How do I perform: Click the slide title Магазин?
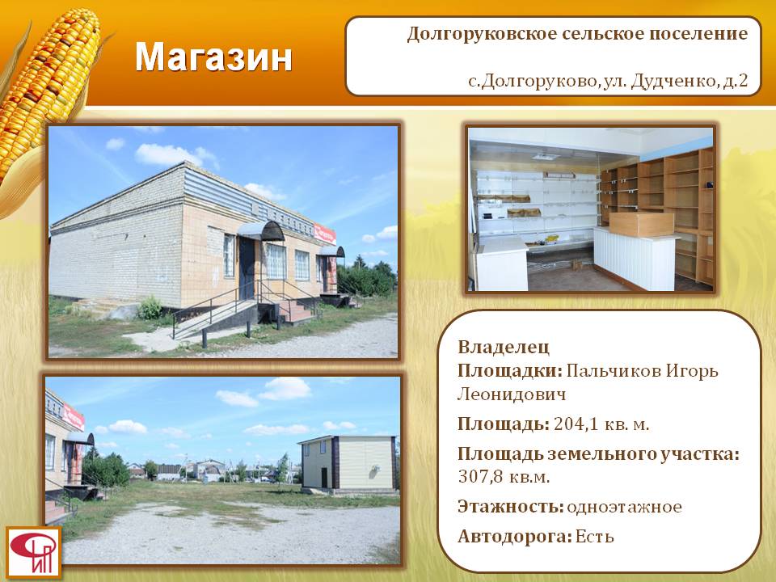click(x=213, y=57)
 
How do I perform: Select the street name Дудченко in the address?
click(x=673, y=80)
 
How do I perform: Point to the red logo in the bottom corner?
click(x=34, y=552)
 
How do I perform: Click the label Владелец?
click(x=504, y=347)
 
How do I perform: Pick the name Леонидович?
click(x=511, y=394)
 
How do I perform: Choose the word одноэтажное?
click(x=624, y=507)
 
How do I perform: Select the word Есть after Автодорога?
click(x=594, y=537)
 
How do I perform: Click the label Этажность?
click(x=511, y=507)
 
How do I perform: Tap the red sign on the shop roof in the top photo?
click(x=325, y=234)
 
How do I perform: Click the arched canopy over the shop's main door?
click(x=261, y=230)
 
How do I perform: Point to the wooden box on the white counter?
click(x=641, y=224)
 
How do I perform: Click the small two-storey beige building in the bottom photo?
click(x=348, y=463)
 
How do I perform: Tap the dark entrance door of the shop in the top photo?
click(x=247, y=268)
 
